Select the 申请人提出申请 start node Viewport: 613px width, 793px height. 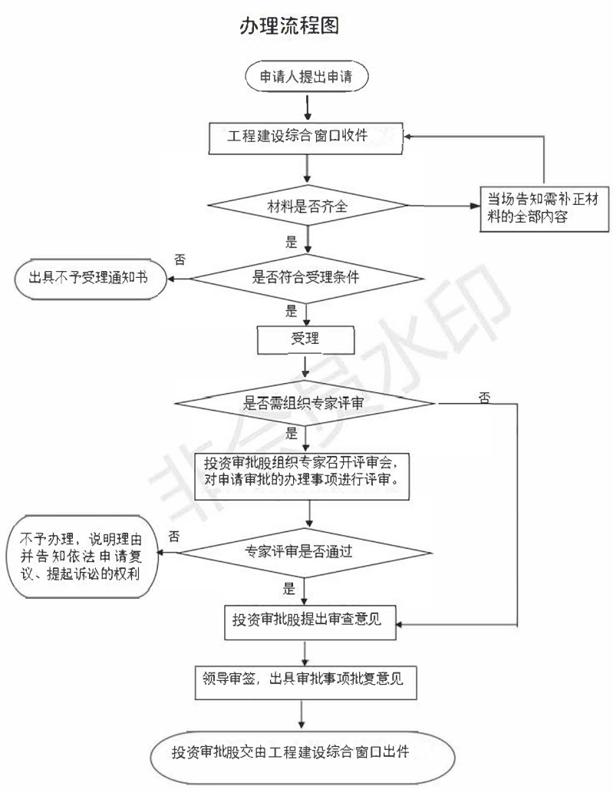click(x=307, y=77)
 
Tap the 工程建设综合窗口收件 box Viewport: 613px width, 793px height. click(x=307, y=137)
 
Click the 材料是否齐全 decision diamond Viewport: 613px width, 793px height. click(x=307, y=205)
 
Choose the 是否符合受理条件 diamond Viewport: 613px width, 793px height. click(x=307, y=278)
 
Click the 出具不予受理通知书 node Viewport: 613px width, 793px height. click(x=91, y=278)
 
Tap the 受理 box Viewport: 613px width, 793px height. click(x=307, y=339)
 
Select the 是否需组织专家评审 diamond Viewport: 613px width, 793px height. click(x=307, y=402)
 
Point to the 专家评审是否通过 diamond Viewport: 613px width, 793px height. click(x=307, y=550)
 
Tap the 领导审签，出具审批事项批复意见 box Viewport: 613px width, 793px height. click(x=307, y=678)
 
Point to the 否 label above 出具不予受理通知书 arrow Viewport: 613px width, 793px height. click(x=180, y=259)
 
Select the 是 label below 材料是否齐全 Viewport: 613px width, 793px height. click(x=291, y=243)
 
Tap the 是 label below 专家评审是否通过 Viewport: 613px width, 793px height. click(x=289, y=590)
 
